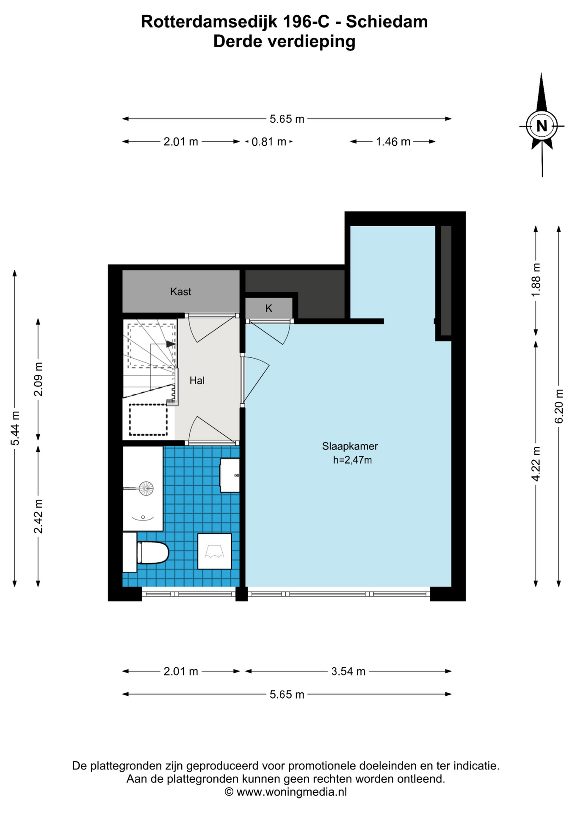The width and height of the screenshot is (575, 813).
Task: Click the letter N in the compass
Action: point(542,126)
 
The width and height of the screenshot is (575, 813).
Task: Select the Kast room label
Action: point(180,291)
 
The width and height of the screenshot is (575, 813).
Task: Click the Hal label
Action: point(197,380)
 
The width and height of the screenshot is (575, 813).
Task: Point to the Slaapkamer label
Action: point(350,446)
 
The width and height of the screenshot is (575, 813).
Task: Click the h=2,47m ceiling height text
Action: point(352,460)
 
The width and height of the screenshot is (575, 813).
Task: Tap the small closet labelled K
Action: point(269,308)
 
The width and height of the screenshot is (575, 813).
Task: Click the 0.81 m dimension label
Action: point(269,142)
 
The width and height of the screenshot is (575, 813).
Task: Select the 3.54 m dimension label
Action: point(348,671)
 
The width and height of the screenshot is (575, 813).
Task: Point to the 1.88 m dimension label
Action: point(536,280)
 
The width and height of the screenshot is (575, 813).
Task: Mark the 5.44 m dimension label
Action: point(15,428)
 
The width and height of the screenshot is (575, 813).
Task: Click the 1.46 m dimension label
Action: point(393,142)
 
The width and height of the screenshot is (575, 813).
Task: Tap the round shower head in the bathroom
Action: point(146,488)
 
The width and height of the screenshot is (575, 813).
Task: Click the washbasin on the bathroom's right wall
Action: point(229,476)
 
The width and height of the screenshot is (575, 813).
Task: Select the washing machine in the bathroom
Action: point(215,551)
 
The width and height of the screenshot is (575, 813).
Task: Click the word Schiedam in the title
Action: point(387,22)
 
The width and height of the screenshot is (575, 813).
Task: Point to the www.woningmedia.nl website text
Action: point(291,791)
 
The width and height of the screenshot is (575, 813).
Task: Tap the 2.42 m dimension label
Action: point(38,516)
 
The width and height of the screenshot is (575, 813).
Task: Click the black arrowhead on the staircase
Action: point(171,344)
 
